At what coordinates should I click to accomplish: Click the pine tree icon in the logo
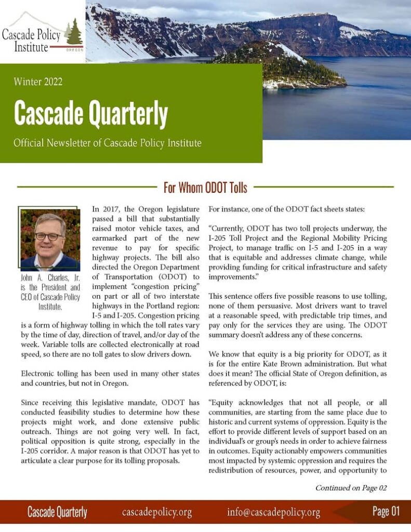pos(74,32)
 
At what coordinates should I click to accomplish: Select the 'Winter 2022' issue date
pos(38,81)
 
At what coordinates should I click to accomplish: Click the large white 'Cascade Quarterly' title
pos(90,113)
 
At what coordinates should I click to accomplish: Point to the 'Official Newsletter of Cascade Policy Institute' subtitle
pos(108,142)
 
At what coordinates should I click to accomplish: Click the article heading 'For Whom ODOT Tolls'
pos(205,187)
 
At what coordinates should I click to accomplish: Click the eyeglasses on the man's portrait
pos(49,236)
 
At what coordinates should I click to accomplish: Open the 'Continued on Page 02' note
pos(351,488)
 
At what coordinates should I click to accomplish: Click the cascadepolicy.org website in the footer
pos(157,512)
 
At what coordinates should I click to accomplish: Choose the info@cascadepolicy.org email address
pos(273,512)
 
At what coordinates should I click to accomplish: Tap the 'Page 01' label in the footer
pos(386,512)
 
